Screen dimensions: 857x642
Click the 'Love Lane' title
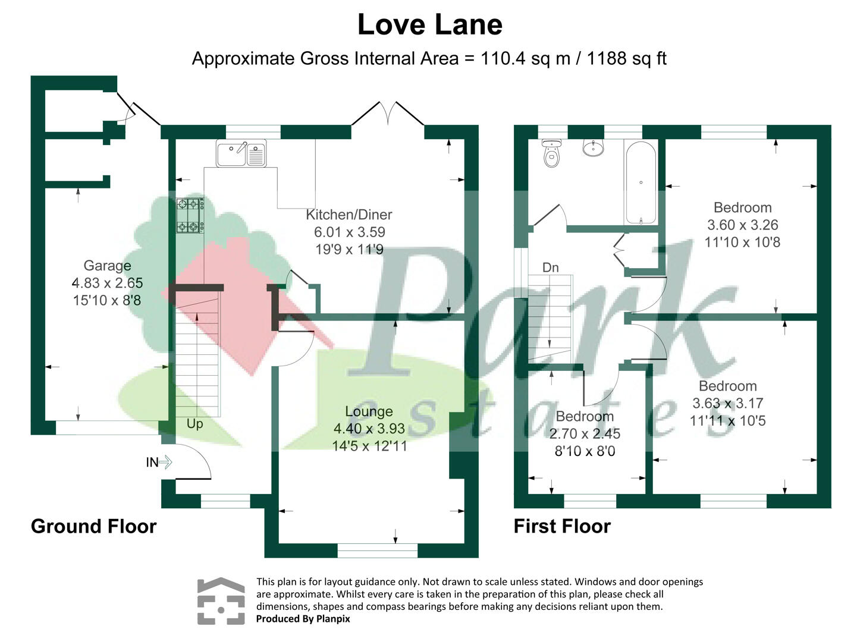point(430,24)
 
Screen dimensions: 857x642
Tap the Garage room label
point(108,265)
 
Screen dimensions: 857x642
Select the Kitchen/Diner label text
point(349,214)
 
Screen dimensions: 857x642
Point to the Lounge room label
point(369,411)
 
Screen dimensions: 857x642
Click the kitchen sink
point(241,153)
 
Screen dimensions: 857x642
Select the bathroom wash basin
point(593,147)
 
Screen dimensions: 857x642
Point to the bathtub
point(641,182)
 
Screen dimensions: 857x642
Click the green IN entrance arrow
point(165,462)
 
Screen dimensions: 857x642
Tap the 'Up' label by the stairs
point(194,424)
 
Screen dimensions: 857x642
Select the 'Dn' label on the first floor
point(551,267)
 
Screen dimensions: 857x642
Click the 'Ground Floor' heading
point(94,526)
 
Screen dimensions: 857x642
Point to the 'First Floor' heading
point(562,526)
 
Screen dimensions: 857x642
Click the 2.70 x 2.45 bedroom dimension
point(585,433)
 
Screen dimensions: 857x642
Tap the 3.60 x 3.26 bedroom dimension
point(743,225)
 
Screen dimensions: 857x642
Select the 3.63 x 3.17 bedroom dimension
point(728,403)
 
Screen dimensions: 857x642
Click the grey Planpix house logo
point(221,601)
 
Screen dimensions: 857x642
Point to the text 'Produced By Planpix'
point(303,619)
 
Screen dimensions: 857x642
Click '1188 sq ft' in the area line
point(627,58)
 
